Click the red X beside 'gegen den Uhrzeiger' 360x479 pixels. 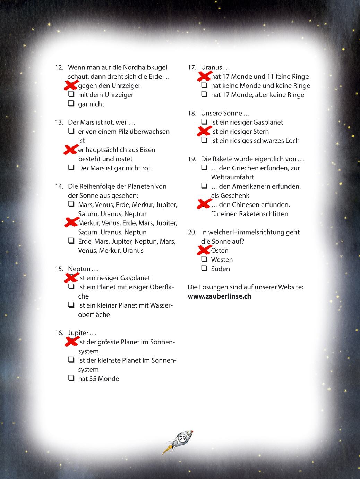(x=71, y=85)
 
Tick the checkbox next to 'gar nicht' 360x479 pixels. (x=71, y=103)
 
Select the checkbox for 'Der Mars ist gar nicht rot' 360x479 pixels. (x=71, y=168)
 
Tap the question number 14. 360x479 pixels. (x=59, y=186)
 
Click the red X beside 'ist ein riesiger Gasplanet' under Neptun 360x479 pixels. (x=71, y=277)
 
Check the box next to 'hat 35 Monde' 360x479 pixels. (x=71, y=378)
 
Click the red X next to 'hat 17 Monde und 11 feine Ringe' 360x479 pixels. (x=204, y=76)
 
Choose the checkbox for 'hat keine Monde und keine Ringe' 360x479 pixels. (x=204, y=85)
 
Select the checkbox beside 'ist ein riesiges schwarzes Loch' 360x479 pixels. (x=204, y=140)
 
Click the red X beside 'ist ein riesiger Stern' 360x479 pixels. (x=204, y=131)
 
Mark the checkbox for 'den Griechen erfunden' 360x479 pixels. (x=204, y=168)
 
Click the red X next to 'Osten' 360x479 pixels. (x=204, y=250)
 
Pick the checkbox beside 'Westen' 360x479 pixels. (x=204, y=259)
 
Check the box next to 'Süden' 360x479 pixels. (x=204, y=268)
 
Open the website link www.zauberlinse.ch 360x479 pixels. (x=219, y=296)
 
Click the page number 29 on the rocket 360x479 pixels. (x=182, y=438)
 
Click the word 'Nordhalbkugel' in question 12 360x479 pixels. (x=145, y=67)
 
